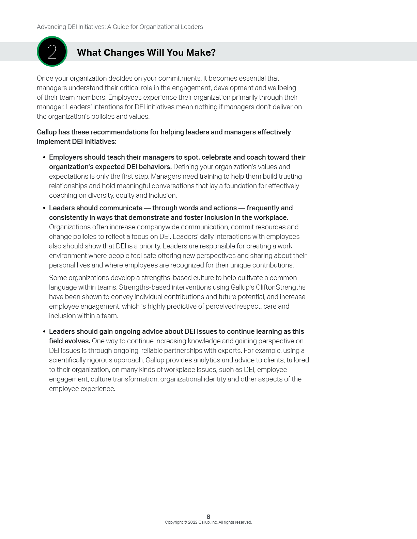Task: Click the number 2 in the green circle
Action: pyautogui.click(x=52, y=52)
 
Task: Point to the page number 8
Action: pyautogui.click(x=208, y=517)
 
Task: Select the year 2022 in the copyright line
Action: pyautogui.click(x=192, y=522)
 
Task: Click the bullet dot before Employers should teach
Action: pyautogui.click(x=44, y=158)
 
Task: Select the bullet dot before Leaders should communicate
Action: pyautogui.click(x=44, y=208)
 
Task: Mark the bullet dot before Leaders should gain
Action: pyautogui.click(x=44, y=332)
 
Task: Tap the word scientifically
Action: pyautogui.click(x=72, y=360)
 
